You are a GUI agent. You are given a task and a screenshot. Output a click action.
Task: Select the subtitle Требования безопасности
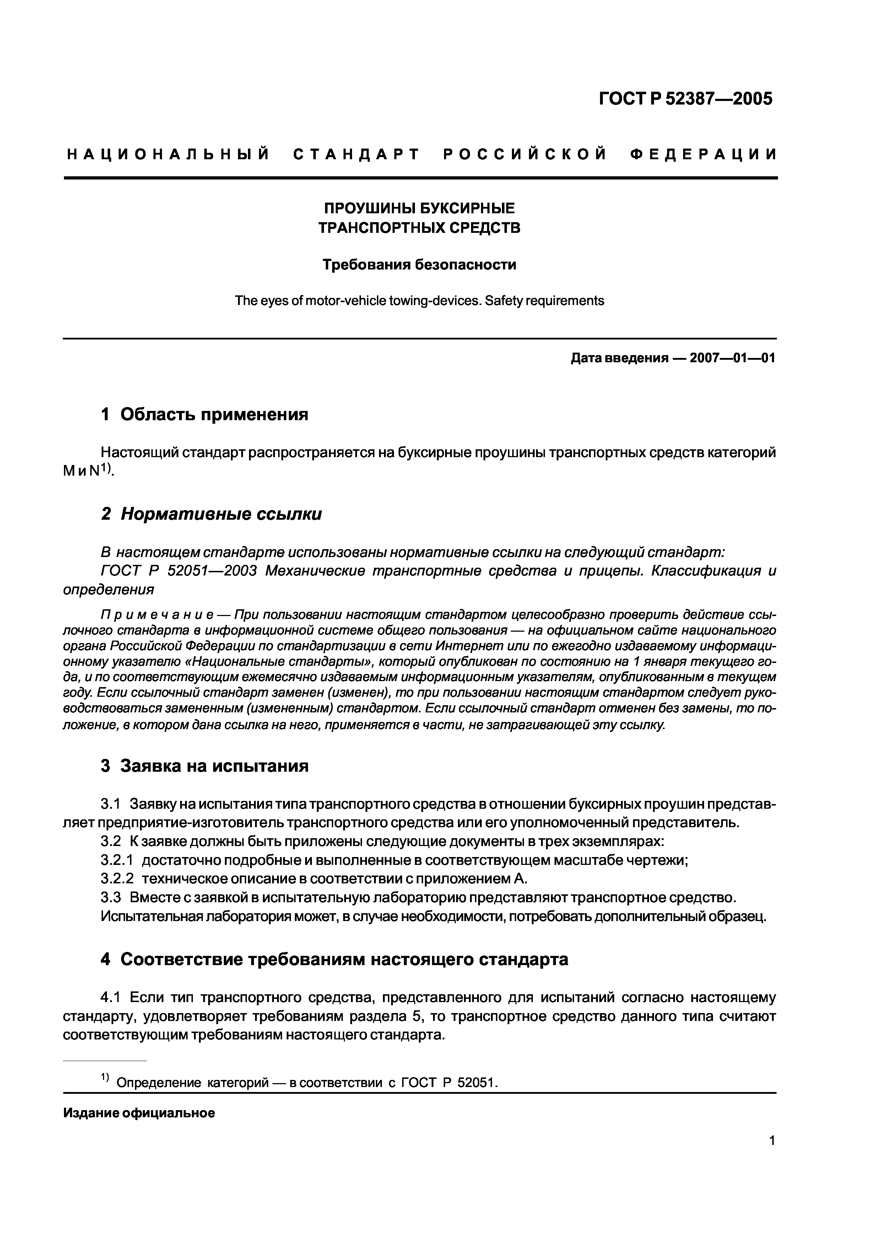point(419,265)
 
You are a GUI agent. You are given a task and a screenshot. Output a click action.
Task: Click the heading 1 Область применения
point(205,415)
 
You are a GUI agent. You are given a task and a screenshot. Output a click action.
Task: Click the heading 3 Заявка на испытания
point(205,766)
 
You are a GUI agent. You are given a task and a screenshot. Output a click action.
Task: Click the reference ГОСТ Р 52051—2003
point(179,571)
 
